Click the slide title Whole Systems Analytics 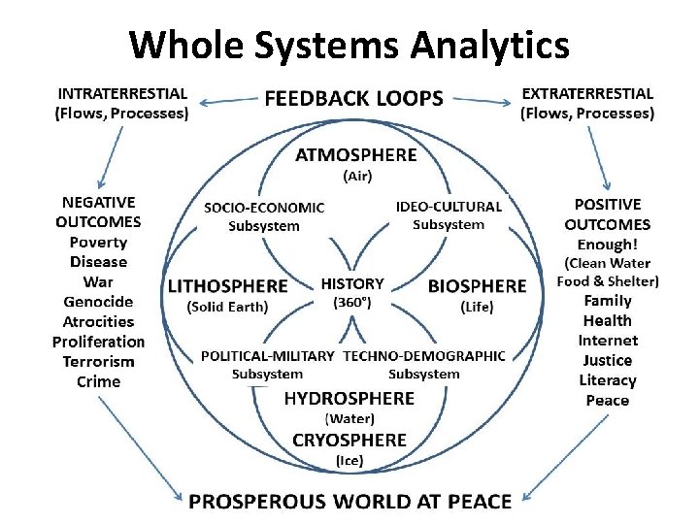349,45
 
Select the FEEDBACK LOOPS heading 353,98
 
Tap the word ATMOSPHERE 356,155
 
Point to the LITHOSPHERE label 228,286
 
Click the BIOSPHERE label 477,286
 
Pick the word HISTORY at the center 352,284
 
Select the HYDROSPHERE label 349,399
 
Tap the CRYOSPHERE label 349,440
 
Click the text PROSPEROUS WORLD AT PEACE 349,501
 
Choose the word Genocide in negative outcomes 99,302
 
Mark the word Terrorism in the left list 99,361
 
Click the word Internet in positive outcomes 608,341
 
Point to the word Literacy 608,380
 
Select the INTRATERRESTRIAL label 122,94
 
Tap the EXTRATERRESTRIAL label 587,94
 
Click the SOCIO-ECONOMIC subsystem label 264,208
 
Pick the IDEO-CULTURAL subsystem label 449,207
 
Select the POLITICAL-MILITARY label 268,356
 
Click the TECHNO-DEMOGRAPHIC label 424,356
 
